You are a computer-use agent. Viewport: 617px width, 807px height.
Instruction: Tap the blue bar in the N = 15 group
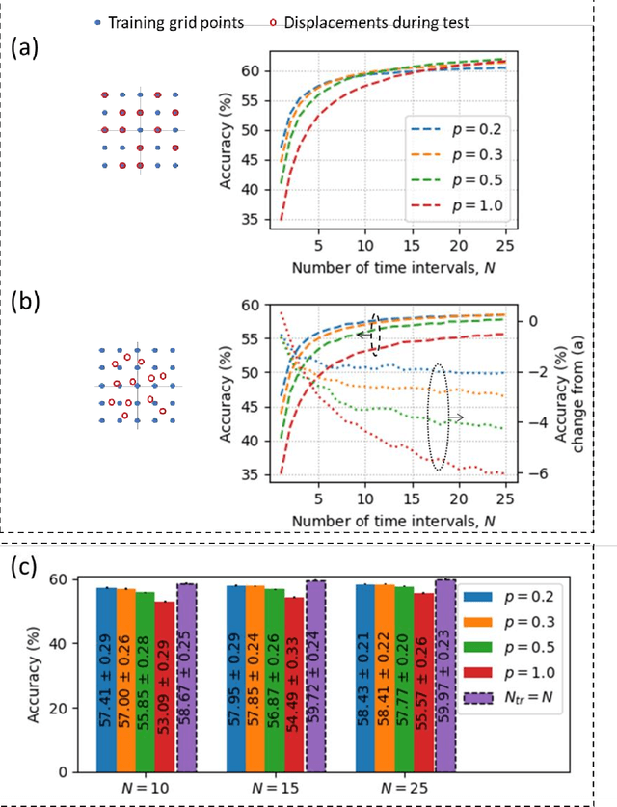(235, 678)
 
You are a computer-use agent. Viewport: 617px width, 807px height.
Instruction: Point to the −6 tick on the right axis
(535, 474)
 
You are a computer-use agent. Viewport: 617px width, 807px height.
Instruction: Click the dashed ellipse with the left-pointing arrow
(376, 334)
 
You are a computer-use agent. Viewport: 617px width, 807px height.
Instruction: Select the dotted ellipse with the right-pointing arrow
(439, 417)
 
